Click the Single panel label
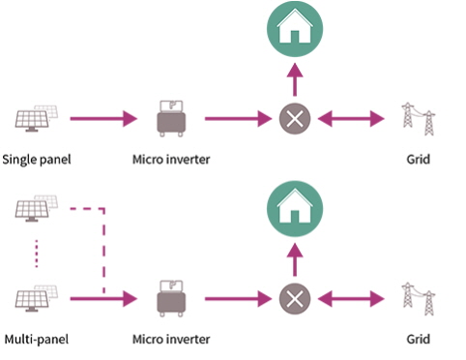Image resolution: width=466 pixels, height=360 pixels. point(37,160)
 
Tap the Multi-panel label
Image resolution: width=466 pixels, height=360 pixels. point(37,339)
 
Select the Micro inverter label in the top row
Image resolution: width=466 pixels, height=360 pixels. point(171,159)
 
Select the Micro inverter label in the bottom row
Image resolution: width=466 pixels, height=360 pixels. point(171,339)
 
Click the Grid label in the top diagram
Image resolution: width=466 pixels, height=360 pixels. point(418,159)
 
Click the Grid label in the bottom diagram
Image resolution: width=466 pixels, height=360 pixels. point(418,339)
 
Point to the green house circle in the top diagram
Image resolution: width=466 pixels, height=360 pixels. point(295,28)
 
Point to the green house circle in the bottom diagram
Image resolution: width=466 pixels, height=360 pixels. point(295,208)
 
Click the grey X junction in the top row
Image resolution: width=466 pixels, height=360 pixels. point(295,119)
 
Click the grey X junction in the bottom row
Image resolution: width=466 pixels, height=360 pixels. point(295,299)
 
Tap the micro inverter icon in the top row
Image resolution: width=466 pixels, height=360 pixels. point(171,119)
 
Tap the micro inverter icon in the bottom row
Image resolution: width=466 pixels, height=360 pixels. point(171,299)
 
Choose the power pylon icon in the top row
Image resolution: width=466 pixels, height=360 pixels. point(419,119)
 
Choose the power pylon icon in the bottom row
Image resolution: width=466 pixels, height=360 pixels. point(419,299)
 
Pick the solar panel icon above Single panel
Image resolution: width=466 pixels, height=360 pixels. point(37,118)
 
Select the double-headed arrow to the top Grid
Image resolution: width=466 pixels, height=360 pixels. point(351,119)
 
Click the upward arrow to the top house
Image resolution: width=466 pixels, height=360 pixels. point(295,79)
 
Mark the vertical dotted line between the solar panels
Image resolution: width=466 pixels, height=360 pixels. point(37,254)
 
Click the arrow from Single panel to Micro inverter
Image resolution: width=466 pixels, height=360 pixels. point(103,119)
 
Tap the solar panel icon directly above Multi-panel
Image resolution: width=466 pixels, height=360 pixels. point(37,298)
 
